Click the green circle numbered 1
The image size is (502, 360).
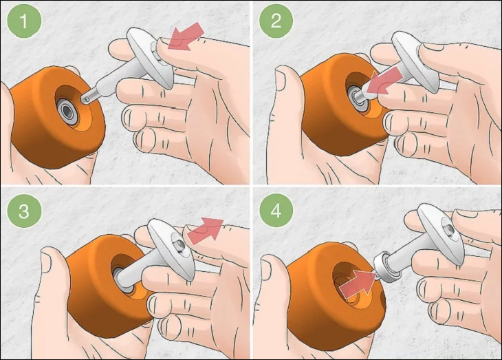click(x=24, y=21)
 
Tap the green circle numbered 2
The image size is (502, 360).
click(x=276, y=21)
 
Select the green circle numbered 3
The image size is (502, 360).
click(x=24, y=211)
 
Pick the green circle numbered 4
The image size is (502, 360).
click(x=276, y=211)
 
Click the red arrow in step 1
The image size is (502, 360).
click(x=186, y=37)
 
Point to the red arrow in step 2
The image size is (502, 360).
click(x=384, y=83)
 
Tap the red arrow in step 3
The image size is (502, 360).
click(x=206, y=230)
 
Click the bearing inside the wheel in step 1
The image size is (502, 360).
click(x=67, y=112)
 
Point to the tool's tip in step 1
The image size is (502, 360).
click(x=87, y=99)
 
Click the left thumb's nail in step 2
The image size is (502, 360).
click(x=281, y=79)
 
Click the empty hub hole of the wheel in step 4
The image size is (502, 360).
click(x=346, y=282)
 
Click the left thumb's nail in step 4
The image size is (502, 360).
click(x=266, y=269)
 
